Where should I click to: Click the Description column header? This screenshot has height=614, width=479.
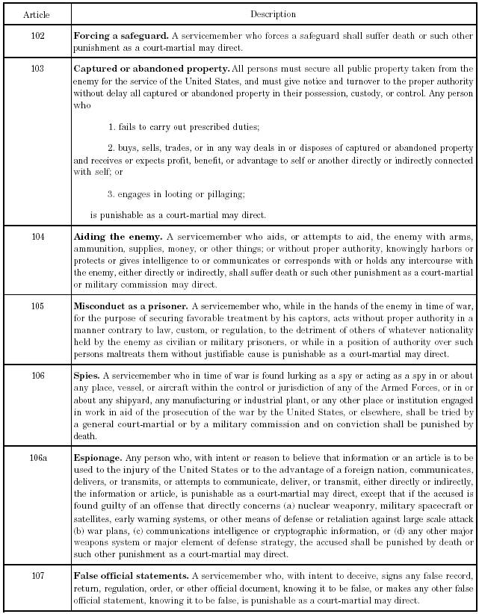click(x=274, y=14)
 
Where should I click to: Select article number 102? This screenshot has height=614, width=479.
click(x=37, y=35)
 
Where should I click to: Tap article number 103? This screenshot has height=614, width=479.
click(x=37, y=69)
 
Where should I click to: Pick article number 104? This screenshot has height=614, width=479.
click(x=37, y=237)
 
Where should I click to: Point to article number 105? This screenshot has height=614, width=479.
click(x=37, y=306)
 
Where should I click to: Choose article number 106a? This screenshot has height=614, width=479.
click(x=37, y=455)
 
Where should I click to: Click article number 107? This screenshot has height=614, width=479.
click(x=37, y=576)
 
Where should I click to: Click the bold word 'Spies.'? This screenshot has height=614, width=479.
click(x=87, y=376)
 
